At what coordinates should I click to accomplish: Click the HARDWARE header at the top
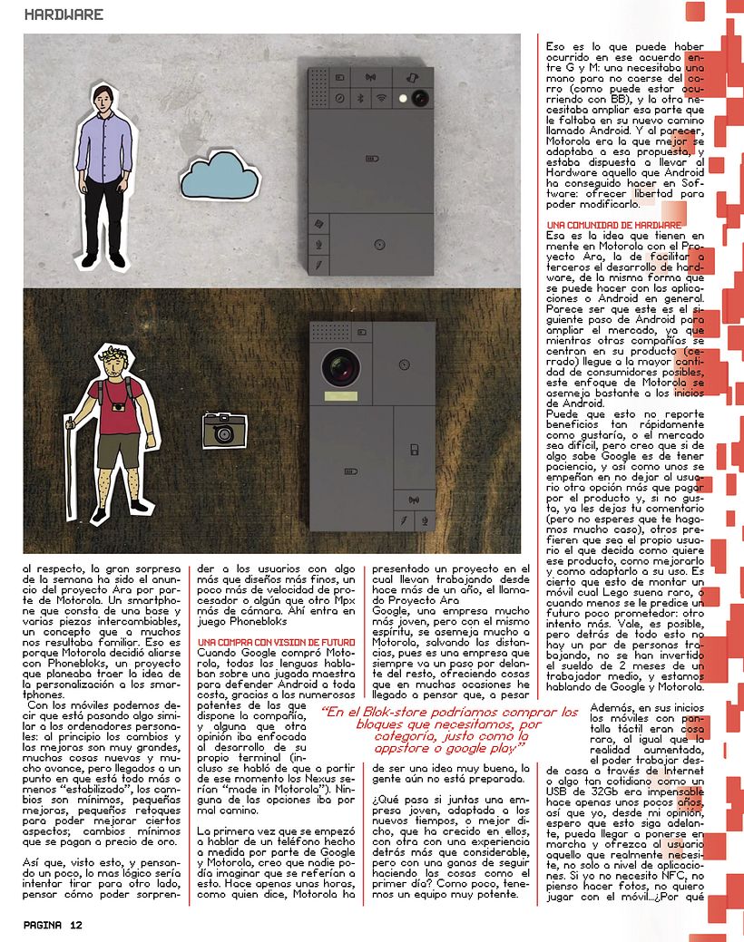pos(64,15)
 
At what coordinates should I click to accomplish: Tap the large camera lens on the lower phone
pos(338,365)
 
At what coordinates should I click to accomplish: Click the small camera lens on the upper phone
pos(418,99)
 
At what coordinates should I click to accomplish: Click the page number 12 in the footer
pos(75,925)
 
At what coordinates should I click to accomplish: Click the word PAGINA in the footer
pos(43,925)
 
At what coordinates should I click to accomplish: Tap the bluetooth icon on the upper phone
pos(358,98)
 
